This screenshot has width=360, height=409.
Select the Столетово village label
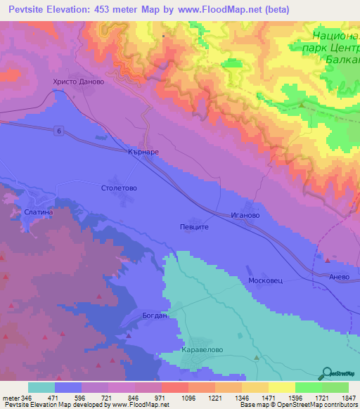click(119, 188)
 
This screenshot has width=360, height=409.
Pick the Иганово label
click(245, 216)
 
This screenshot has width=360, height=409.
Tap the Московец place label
click(265, 280)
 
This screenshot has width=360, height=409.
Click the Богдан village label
click(155, 316)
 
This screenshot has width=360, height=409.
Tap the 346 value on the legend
click(27, 397)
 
